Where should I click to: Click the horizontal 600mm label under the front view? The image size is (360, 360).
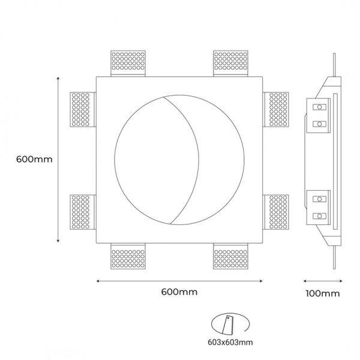179,292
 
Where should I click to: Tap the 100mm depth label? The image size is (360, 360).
322,293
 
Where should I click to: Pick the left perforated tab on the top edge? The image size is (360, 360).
128,62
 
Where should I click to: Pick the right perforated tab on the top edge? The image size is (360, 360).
231,62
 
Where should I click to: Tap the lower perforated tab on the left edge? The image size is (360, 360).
82,213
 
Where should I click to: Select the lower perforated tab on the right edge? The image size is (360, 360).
277,213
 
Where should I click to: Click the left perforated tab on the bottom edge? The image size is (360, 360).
128,258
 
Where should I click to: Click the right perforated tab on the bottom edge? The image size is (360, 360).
231,258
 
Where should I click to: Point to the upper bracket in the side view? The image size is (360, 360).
320,116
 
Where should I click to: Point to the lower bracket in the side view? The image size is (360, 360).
320,206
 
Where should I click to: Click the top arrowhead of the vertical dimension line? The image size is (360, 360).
58,78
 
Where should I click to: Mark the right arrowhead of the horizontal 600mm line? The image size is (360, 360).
260,280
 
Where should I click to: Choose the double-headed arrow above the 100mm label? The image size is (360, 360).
322,280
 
